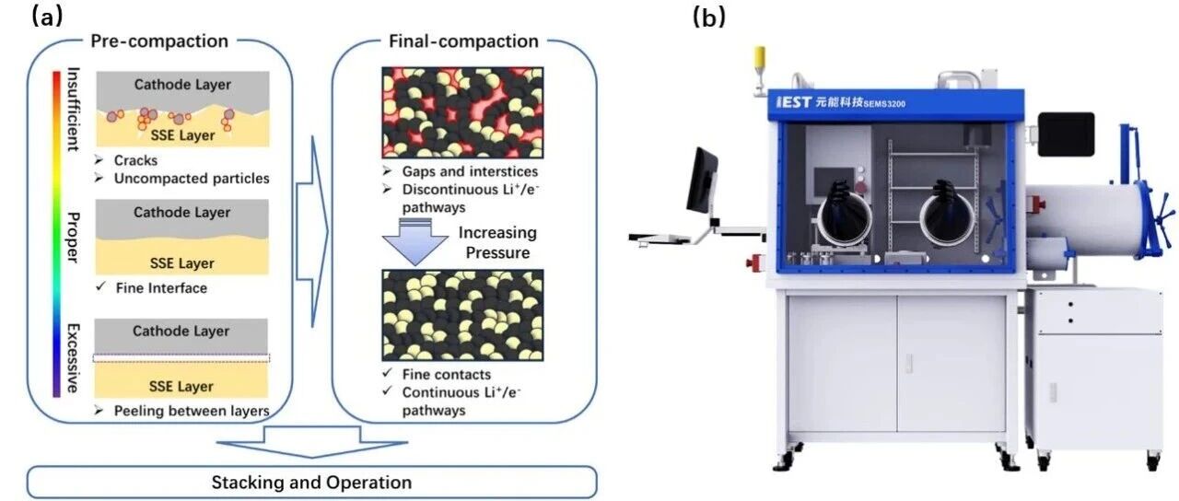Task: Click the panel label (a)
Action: (47, 17)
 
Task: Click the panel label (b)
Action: (709, 17)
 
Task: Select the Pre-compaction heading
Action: (159, 41)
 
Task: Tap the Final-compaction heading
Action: (463, 41)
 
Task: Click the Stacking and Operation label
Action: (311, 482)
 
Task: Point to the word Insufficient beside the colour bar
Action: (73, 109)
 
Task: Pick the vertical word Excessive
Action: (73, 358)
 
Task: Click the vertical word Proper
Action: (73, 237)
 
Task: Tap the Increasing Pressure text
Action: (496, 242)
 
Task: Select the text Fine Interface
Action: (161, 288)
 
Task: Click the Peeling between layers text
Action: (192, 411)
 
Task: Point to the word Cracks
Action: (135, 160)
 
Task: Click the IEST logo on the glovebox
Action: (794, 101)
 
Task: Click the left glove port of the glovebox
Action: (843, 216)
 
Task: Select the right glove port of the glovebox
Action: (946, 216)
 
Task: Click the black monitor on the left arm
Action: (702, 181)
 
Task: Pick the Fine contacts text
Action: (447, 374)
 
